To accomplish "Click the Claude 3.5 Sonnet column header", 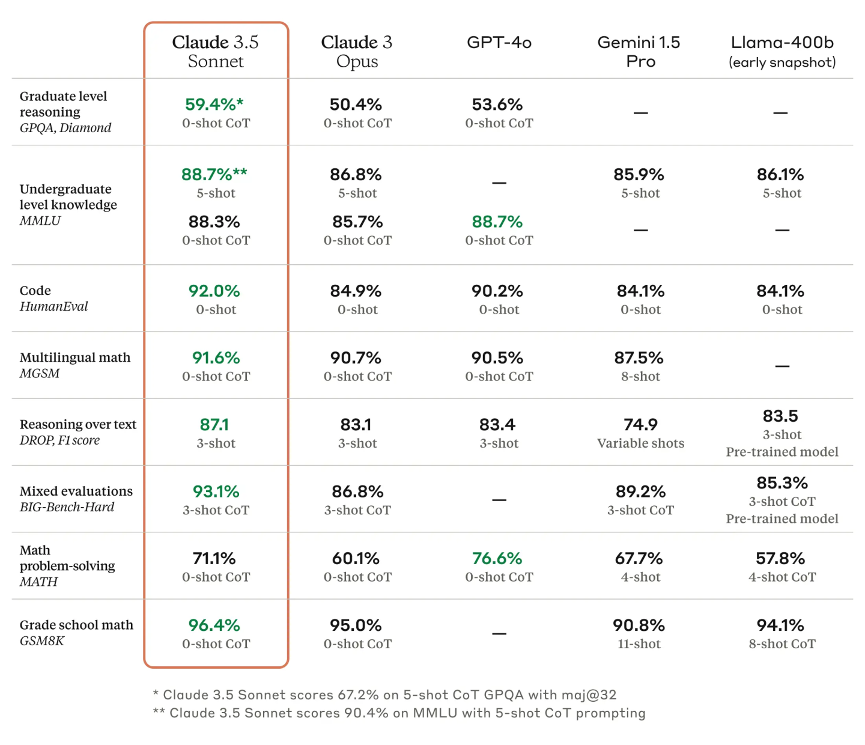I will (x=216, y=52).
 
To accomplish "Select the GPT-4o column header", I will (x=499, y=43).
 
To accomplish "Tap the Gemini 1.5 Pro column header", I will (x=639, y=52).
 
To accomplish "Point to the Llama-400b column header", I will (x=782, y=51).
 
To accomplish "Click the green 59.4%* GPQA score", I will (x=214, y=105).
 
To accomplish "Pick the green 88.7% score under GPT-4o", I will (x=497, y=222).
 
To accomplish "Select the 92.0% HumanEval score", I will (x=214, y=291).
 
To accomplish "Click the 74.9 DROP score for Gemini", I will (x=640, y=425).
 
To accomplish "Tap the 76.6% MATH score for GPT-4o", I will (x=497, y=559).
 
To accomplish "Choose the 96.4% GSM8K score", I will (x=214, y=625).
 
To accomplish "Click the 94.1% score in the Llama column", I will (x=780, y=625).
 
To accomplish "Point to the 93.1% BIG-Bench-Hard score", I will (x=216, y=492).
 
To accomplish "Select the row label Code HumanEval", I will (x=53, y=299).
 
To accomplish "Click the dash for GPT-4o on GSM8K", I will (x=499, y=633).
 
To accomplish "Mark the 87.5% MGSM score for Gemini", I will (x=639, y=358).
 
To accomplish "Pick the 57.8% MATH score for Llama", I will (x=780, y=559).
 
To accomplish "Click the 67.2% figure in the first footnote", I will (x=358, y=695).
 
